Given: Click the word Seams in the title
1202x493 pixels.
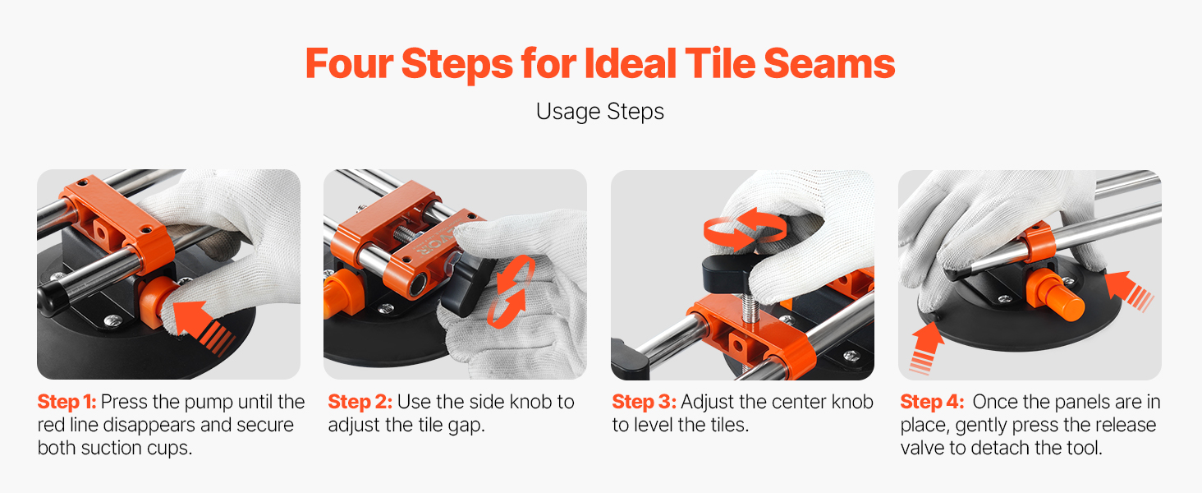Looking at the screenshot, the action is coord(829,63).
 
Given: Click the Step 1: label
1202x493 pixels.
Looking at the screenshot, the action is coord(67,402).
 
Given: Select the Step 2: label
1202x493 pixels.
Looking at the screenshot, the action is coord(360,402).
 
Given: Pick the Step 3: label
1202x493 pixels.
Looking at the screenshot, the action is coord(644,402).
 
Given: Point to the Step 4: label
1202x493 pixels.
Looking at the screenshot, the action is coord(932,402).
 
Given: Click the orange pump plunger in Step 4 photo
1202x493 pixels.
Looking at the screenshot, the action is coord(1049,294).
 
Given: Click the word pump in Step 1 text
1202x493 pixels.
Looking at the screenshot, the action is coord(205,403).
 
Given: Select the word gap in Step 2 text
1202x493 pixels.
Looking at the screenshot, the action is coord(467,426).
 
